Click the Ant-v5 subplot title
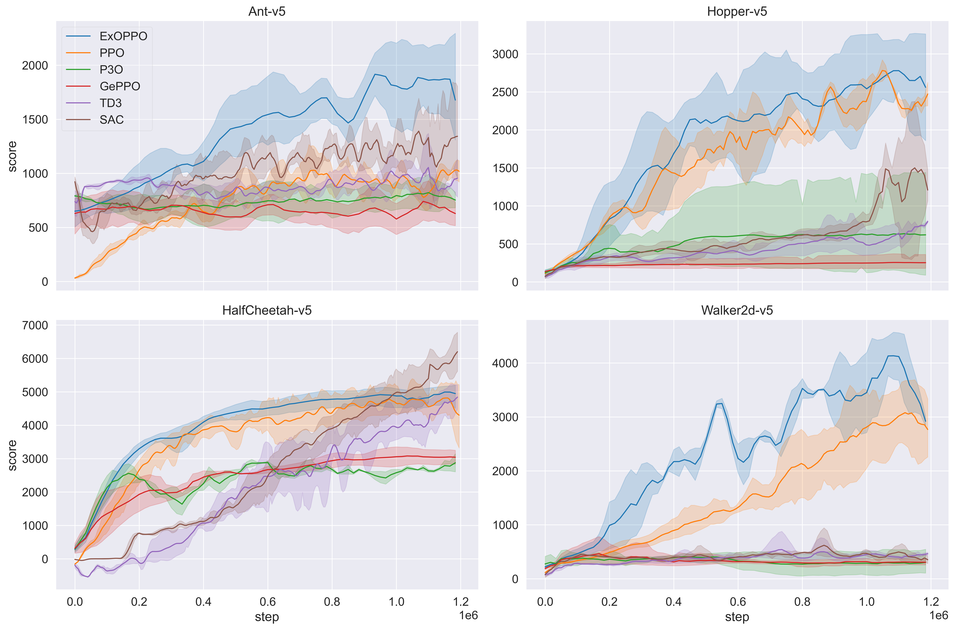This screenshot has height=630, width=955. [267, 11]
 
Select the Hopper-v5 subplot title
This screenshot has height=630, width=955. [737, 11]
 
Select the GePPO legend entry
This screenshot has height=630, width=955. [120, 86]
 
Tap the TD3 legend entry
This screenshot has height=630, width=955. [111, 103]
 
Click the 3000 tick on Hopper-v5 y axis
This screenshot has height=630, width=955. [505, 54]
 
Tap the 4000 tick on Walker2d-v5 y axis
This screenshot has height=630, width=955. [505, 363]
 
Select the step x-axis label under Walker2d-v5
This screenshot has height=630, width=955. [737, 617]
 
